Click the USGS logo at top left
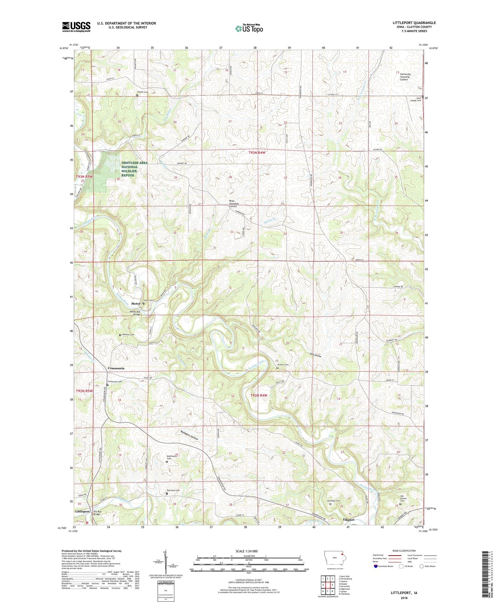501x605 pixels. pyautogui.click(x=76, y=27)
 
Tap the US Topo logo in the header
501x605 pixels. pyautogui.click(x=249, y=28)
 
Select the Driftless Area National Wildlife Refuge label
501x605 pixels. pyautogui.click(x=134, y=169)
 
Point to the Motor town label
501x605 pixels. pyautogui.click(x=136, y=304)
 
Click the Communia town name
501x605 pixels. pyautogui.click(x=116, y=368)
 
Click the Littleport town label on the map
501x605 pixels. pyautogui.click(x=82, y=512)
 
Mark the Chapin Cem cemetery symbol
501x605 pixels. pyautogui.click(x=137, y=95)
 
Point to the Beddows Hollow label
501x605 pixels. pyautogui.click(x=189, y=435)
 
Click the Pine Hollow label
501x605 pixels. pyautogui.click(x=315, y=356)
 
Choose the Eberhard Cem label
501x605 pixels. pyautogui.click(x=173, y=490)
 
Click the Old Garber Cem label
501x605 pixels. pyautogui.click(x=405, y=499)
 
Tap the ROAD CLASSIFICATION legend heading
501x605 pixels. pyautogui.click(x=404, y=551)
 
